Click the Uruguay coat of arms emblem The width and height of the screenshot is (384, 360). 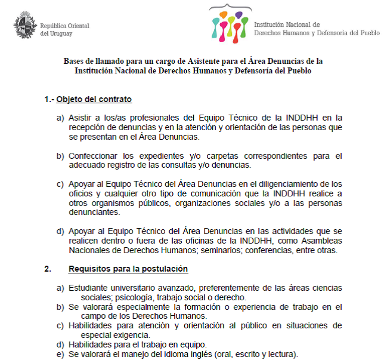click(x=24, y=26)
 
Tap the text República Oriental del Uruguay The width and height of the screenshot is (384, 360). click(x=64, y=30)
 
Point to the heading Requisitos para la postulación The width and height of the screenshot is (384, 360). click(x=128, y=269)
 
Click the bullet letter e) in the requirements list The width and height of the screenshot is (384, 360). click(x=60, y=354)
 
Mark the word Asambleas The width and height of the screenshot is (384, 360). click(x=316, y=241)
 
